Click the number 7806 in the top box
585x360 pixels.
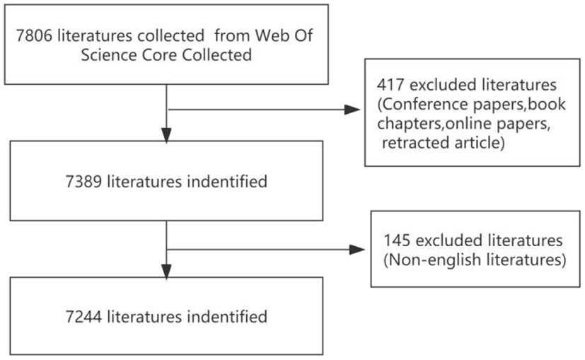coord(36,34)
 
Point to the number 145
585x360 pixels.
coord(396,240)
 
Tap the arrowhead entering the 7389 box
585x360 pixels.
coord(166,134)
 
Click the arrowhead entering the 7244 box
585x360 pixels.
coord(166,271)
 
